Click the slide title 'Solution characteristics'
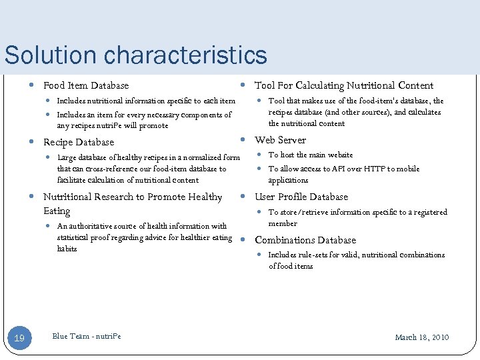pyautogui.click(x=135, y=55)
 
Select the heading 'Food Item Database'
pyautogui.click(x=86, y=85)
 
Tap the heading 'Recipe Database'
pyautogui.click(x=79, y=142)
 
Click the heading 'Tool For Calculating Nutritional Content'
pyautogui.click(x=344, y=85)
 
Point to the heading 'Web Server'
pyautogui.click(x=281, y=140)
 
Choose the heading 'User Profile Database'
pyautogui.click(x=301, y=197)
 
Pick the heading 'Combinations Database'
pyautogui.click(x=305, y=240)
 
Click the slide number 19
pyautogui.click(x=19, y=339)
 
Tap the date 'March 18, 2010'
pyautogui.click(x=422, y=337)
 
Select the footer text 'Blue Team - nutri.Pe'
pyautogui.click(x=87, y=336)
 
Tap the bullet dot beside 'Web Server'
pyautogui.click(x=243, y=140)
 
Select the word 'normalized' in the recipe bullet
pyautogui.click(x=200, y=158)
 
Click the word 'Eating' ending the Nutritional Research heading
pyautogui.click(x=57, y=211)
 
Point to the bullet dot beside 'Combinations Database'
pyautogui.click(x=243, y=240)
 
